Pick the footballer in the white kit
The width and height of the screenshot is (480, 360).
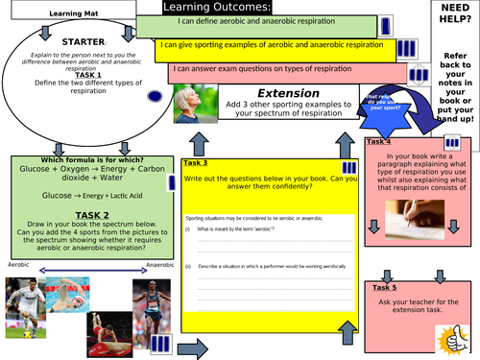click(21, 301)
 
